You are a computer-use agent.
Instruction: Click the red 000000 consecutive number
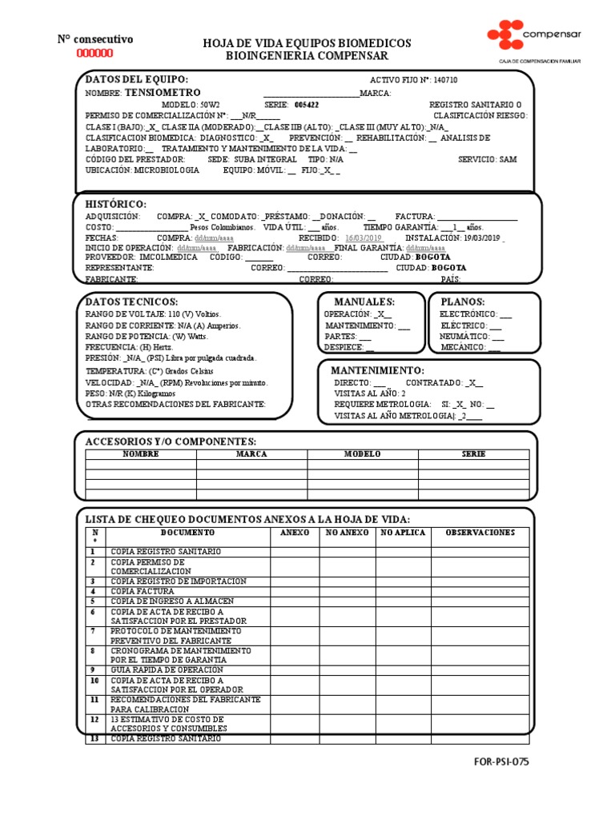coord(94,54)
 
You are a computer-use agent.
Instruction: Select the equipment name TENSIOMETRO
coord(163,93)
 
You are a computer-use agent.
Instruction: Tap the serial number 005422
coord(307,105)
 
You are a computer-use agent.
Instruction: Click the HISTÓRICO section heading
coord(116,205)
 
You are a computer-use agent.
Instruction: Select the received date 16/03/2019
coord(364,238)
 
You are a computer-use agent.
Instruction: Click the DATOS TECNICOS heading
coord(131,302)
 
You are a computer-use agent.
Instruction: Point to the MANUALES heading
coord(364,302)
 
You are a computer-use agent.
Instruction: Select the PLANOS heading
coord(463,302)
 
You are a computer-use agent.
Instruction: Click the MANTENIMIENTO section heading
coord(378,371)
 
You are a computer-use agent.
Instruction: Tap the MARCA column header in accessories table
coord(251,453)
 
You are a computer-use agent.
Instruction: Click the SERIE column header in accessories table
coord(473,453)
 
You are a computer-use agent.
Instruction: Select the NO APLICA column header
coord(403,533)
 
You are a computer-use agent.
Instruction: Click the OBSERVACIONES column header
coord(480,533)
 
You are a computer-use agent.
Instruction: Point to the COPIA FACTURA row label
coord(143,591)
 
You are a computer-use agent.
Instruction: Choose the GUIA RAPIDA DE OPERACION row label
coord(167,669)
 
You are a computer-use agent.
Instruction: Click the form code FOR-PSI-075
coord(500,761)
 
